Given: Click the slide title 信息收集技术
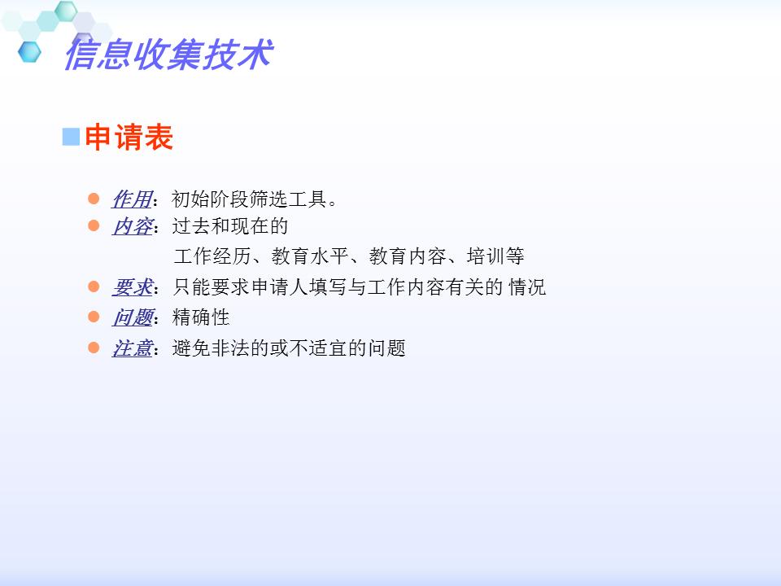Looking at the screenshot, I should [x=167, y=55].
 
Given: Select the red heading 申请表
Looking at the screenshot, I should [x=129, y=138].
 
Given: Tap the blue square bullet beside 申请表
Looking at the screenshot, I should [x=71, y=137].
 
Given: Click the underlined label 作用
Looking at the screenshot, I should [x=132, y=199].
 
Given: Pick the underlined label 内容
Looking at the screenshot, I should [x=132, y=226].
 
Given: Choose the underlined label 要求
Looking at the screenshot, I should [x=132, y=287].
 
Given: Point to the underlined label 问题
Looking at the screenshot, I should [x=132, y=317].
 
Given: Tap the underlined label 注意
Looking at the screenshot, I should [x=132, y=348].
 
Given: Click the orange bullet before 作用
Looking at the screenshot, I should [x=94, y=199].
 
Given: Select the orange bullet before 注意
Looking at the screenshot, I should [x=94, y=348].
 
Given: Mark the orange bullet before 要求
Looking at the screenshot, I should [x=94, y=286].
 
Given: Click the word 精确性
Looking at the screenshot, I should [x=201, y=317].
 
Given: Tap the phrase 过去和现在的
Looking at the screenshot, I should [x=230, y=226].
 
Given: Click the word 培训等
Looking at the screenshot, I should [x=495, y=257].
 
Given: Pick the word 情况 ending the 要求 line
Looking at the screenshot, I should [x=527, y=287].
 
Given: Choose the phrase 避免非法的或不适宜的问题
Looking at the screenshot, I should [x=289, y=348].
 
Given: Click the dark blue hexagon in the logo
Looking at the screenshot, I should [x=30, y=51].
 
